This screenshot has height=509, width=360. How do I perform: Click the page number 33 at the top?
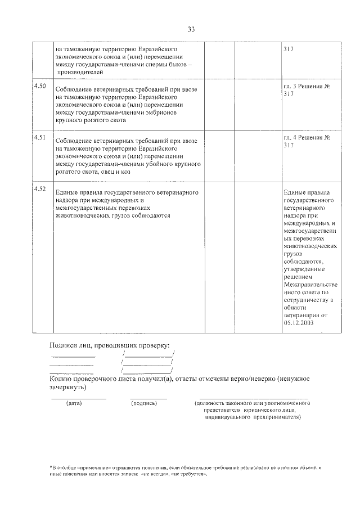[x=191, y=30]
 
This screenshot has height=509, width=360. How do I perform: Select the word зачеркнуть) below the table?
[x=68, y=388]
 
